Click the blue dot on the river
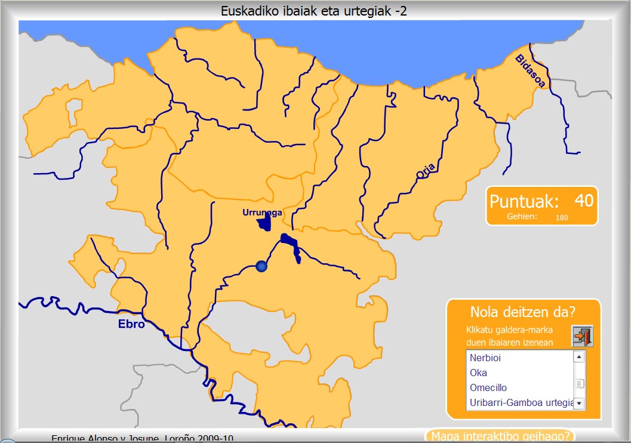[260, 266]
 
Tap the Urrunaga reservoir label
[262, 213]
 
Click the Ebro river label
[131, 325]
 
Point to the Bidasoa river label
[530, 70]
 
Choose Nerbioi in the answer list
[485, 358]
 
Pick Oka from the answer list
[478, 373]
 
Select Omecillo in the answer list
[488, 387]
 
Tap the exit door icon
[582, 336]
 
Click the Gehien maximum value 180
[561, 218]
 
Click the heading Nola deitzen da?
[522, 312]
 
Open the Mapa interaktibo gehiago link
[500, 436]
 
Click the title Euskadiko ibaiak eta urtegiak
[314, 11]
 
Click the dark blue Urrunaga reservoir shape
[263, 224]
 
